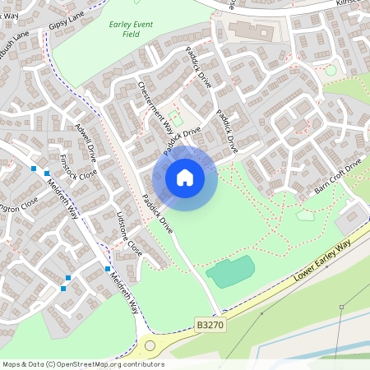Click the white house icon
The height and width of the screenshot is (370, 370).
(185, 177)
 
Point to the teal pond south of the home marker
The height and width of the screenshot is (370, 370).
(229, 271)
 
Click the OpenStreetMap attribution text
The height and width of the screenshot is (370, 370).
(83, 364)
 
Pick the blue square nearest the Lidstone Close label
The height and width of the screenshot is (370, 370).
(107, 268)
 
